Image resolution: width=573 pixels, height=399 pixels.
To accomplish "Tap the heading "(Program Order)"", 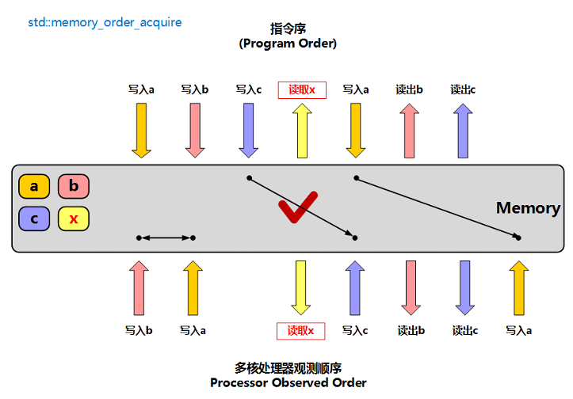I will point(288,44).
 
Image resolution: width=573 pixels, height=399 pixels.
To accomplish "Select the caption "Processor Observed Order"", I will point(288,382).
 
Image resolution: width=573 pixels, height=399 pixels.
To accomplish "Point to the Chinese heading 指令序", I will point(288,30).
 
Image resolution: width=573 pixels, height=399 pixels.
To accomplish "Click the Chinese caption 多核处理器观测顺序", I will point(288,368).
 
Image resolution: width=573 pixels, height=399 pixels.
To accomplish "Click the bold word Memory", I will point(528,208).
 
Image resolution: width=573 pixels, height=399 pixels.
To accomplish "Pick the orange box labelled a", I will point(34,187).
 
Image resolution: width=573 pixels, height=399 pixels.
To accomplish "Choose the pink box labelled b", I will point(74,187).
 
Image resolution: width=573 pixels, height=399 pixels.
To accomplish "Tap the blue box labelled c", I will point(34,218).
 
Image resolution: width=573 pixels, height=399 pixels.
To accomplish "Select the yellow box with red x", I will point(74,218).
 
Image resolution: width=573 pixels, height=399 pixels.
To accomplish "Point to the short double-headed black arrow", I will point(166,237).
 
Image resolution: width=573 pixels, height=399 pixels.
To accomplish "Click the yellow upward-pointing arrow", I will point(302,131).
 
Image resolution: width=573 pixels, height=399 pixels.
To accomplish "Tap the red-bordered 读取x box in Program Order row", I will point(302,89).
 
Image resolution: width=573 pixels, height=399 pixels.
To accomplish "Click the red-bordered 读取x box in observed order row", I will point(300,330).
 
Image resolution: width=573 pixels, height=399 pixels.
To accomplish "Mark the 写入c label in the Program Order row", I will point(248,89).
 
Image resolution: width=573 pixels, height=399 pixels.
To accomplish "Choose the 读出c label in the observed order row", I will point(464,331).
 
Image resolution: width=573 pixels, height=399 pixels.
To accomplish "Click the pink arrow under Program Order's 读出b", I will point(409,131).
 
